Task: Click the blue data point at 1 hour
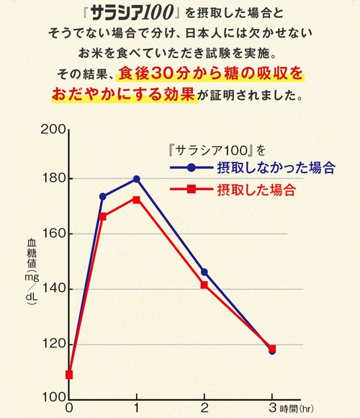tap(137, 179)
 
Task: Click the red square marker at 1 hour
tap(137, 200)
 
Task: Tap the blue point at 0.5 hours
tap(103, 196)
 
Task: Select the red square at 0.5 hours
tap(103, 216)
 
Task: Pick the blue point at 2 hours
tap(204, 272)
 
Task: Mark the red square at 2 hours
tap(204, 285)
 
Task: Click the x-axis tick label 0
tap(69, 408)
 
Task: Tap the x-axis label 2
tap(204, 408)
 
